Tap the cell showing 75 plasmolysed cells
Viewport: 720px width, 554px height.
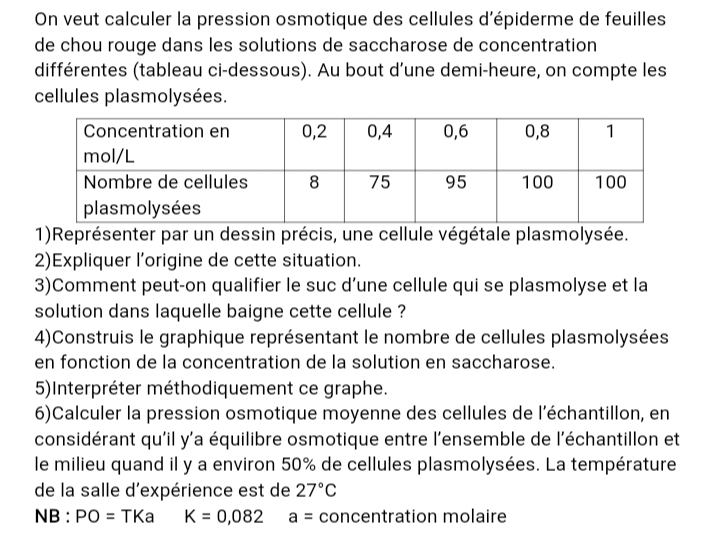[379, 182]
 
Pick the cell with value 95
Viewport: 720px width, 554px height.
[456, 182]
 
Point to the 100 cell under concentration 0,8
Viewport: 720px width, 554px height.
[537, 182]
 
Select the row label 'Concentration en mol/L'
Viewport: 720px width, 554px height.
[156, 144]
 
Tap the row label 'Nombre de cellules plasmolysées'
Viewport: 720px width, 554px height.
[166, 195]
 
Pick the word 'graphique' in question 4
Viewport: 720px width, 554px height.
[190, 336]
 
